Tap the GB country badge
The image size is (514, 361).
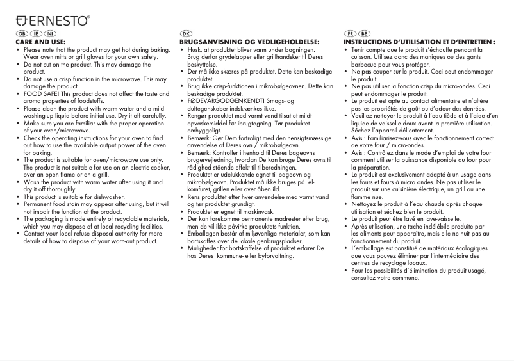[x=21, y=33]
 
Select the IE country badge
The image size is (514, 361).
[x=36, y=33]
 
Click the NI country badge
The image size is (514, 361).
[x=50, y=33]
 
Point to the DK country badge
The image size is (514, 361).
[x=187, y=33]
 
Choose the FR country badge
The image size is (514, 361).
[x=350, y=33]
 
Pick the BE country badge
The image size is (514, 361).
[x=364, y=33]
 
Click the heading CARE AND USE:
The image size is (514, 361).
[x=41, y=42]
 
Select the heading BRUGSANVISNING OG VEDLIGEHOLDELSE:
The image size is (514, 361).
[x=249, y=42]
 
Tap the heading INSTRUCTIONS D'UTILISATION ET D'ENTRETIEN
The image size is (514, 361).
[x=419, y=42]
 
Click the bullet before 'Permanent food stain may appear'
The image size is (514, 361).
[x=18, y=204]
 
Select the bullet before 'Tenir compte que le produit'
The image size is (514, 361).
[x=346, y=49]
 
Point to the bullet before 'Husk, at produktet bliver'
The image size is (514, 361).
[x=182, y=49]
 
